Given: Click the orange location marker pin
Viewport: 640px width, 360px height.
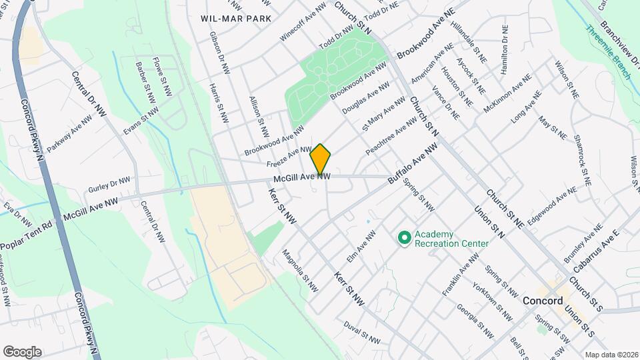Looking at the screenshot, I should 321,159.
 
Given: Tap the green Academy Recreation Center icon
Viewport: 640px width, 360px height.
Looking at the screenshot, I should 403,237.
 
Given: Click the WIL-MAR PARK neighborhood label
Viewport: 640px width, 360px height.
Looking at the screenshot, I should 236,18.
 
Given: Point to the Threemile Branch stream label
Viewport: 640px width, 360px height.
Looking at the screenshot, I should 607,52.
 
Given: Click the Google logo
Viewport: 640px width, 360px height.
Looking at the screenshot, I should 22,351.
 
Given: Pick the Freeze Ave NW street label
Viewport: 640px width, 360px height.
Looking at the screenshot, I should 289,157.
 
